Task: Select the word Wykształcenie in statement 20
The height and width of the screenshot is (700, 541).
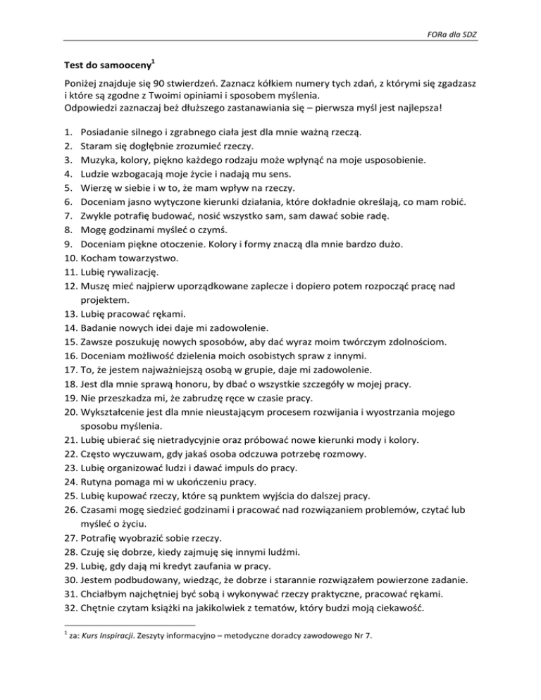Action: (119, 409)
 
